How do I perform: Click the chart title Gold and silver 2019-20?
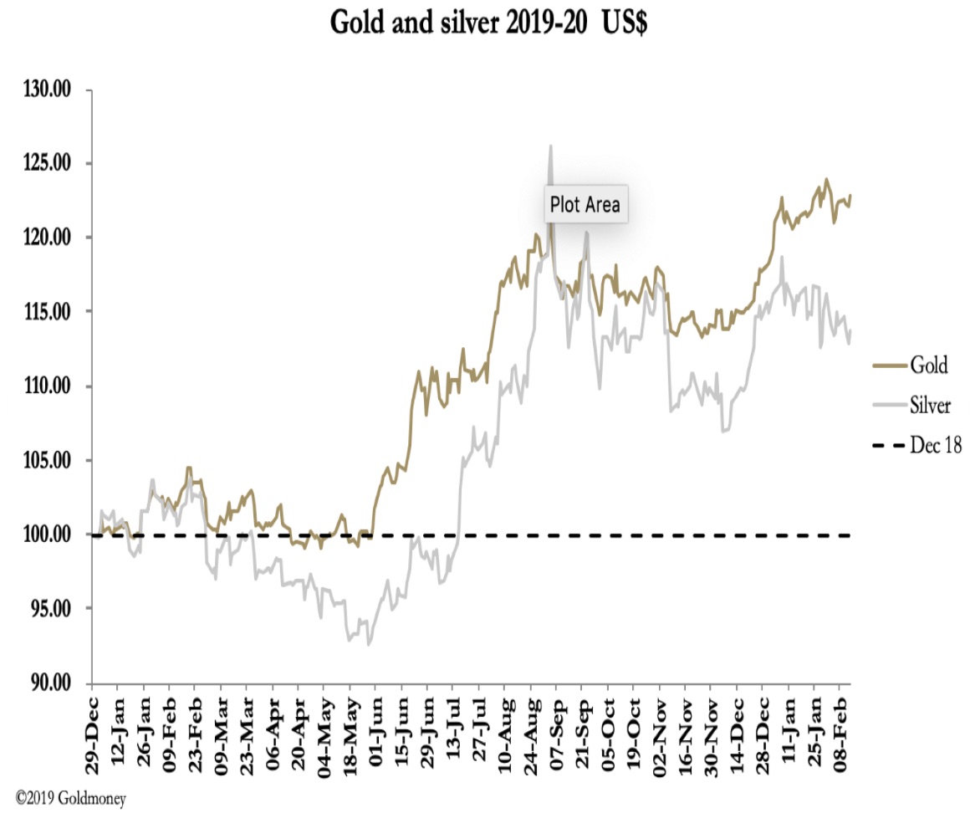point(489,23)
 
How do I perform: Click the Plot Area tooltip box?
point(585,204)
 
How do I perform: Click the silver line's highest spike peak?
point(550,146)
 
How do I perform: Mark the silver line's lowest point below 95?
point(369,644)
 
